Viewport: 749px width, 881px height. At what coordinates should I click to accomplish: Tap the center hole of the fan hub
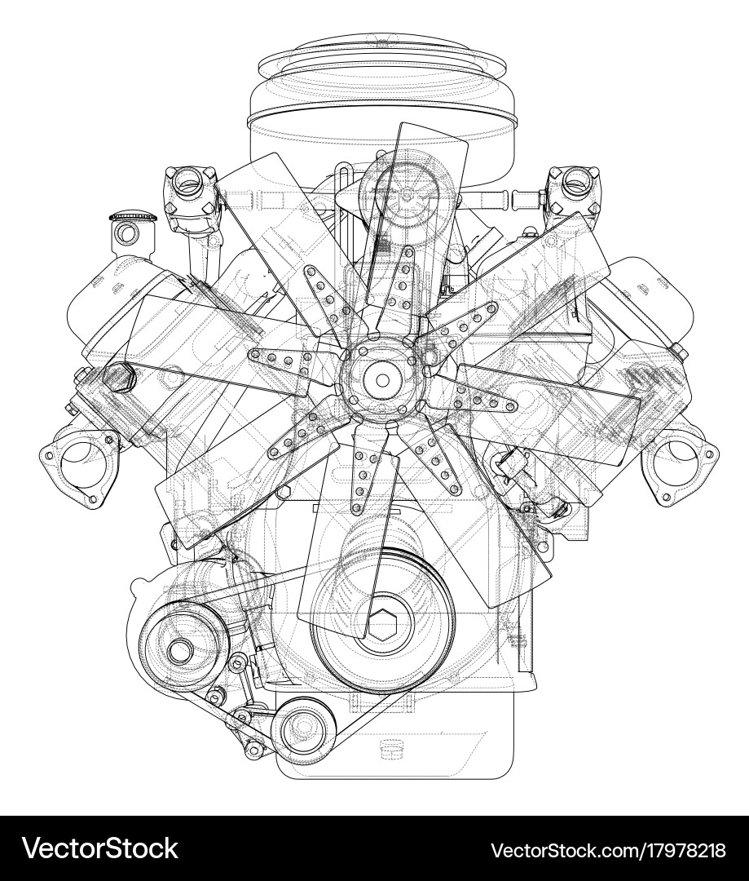[x=381, y=379]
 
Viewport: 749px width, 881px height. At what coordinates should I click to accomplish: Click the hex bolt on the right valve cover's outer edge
[x=678, y=352]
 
